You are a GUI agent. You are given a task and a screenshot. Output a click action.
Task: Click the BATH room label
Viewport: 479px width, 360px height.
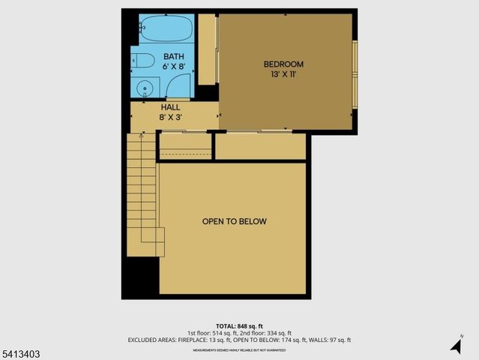pyautogui.click(x=174, y=56)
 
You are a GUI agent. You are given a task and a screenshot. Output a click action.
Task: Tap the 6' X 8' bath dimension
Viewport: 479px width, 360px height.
pyautogui.click(x=174, y=66)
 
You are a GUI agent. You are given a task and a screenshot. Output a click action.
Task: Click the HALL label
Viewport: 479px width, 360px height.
pyautogui.click(x=169, y=107)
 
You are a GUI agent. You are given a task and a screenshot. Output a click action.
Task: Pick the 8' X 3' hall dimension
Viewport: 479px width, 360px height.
pyautogui.click(x=169, y=117)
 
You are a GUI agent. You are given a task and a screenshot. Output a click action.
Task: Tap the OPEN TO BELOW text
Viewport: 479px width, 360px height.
pyautogui.click(x=234, y=221)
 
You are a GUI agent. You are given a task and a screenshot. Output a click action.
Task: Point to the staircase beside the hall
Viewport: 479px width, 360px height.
pyautogui.click(x=142, y=195)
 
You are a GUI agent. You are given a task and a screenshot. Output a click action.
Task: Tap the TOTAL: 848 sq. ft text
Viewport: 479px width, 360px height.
pyautogui.click(x=239, y=326)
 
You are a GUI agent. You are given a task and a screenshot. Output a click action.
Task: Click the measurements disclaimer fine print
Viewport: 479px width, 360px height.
pyautogui.click(x=239, y=349)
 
